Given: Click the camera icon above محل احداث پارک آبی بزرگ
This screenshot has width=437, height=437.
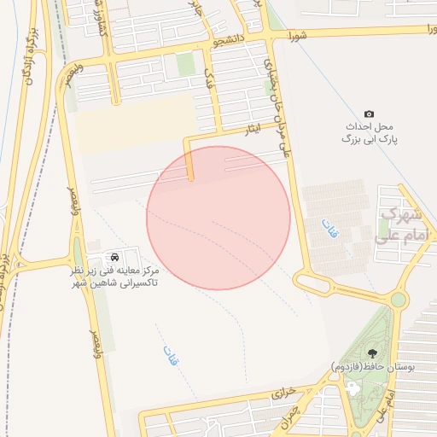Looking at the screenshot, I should point(369,114).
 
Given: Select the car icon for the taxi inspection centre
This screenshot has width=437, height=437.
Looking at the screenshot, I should point(114,257).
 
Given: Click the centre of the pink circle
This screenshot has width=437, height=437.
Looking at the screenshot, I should point(218,218).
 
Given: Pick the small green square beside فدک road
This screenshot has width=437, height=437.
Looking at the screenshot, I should point(185,64).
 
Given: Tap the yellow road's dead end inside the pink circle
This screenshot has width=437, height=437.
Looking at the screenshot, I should point(191,178).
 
